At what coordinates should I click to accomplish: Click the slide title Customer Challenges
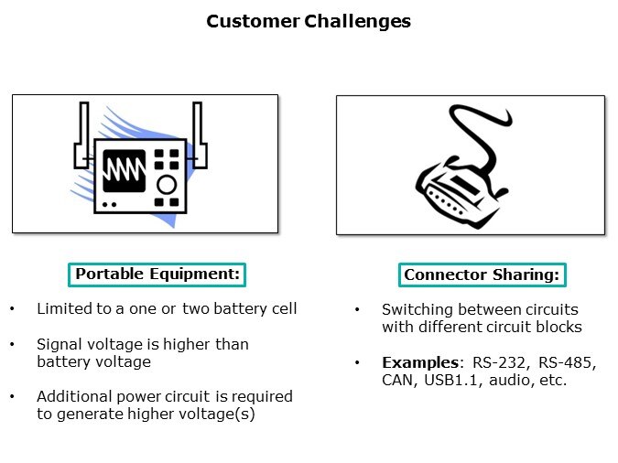coord(309,21)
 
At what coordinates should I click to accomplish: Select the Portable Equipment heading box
coord(157,275)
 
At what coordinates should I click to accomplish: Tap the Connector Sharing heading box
coord(482,275)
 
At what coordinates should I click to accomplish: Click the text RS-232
coord(482,362)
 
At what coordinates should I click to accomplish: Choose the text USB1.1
coord(451,380)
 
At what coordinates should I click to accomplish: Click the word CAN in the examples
coord(398,380)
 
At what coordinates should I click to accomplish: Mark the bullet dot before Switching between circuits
coord(357,310)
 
